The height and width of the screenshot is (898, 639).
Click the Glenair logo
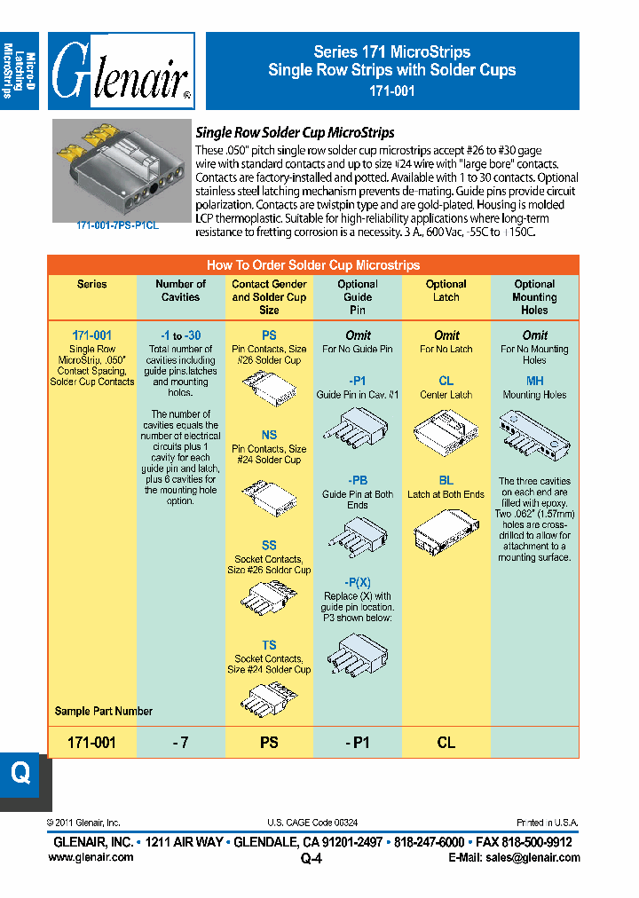(x=122, y=71)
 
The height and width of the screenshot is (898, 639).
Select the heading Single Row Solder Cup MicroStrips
(x=295, y=132)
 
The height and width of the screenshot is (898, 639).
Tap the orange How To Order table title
(x=312, y=265)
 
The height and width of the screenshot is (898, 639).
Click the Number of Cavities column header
(x=180, y=291)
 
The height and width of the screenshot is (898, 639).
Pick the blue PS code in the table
(x=269, y=335)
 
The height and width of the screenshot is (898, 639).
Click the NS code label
(x=269, y=435)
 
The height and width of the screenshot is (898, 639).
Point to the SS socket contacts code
(x=269, y=545)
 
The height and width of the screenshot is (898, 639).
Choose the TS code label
(x=269, y=645)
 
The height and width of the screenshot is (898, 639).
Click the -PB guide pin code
(x=358, y=480)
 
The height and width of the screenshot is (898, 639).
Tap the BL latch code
(x=446, y=480)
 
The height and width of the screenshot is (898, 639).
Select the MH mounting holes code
(x=534, y=381)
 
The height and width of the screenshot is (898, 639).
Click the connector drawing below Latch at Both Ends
(x=446, y=535)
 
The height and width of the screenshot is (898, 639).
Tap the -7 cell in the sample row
(x=180, y=743)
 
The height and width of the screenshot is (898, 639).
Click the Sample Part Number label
(x=103, y=711)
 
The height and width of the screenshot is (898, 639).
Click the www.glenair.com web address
(x=90, y=857)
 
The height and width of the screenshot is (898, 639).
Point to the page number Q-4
(x=312, y=858)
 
